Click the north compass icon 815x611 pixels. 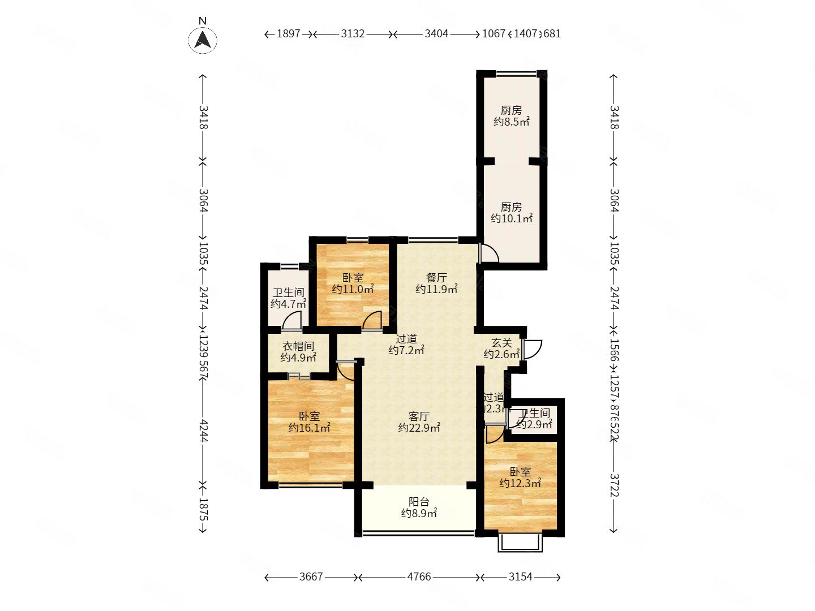(x=203, y=40)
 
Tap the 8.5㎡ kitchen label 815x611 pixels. (x=511, y=116)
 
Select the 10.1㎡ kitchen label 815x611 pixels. (x=511, y=213)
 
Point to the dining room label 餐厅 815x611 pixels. (x=436, y=283)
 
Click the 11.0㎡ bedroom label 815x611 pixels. (x=353, y=283)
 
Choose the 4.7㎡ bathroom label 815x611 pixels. (x=288, y=298)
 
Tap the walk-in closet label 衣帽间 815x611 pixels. (x=298, y=351)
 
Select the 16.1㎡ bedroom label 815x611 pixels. (x=309, y=422)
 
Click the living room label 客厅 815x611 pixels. (x=419, y=422)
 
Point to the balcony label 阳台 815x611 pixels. (x=419, y=507)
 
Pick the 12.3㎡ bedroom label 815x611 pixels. (x=520, y=477)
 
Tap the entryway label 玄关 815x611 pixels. (x=501, y=348)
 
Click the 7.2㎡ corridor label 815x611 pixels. (x=406, y=345)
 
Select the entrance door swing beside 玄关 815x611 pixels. (x=533, y=348)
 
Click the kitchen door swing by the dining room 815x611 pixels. (x=488, y=253)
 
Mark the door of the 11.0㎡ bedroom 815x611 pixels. (x=372, y=320)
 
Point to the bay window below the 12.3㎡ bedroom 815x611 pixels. (x=520, y=541)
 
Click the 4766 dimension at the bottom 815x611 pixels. (x=419, y=576)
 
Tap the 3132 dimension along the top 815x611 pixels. (x=353, y=33)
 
